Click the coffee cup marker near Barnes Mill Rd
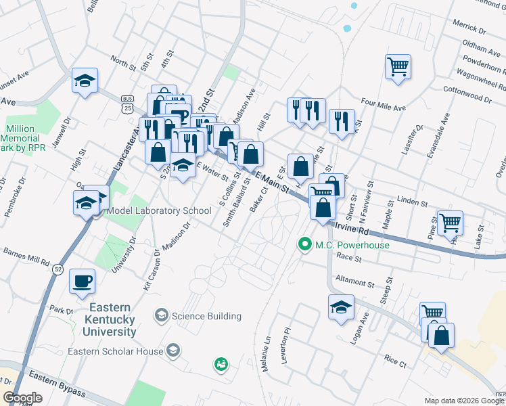(x=82, y=281)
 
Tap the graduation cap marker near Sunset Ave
(x=85, y=81)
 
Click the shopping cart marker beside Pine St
(x=450, y=222)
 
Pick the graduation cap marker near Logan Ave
(x=341, y=308)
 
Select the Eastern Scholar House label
(x=115, y=351)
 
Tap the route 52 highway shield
(x=55, y=269)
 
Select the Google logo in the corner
(x=22, y=397)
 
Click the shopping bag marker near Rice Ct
(x=441, y=336)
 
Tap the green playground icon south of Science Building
(x=221, y=365)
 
